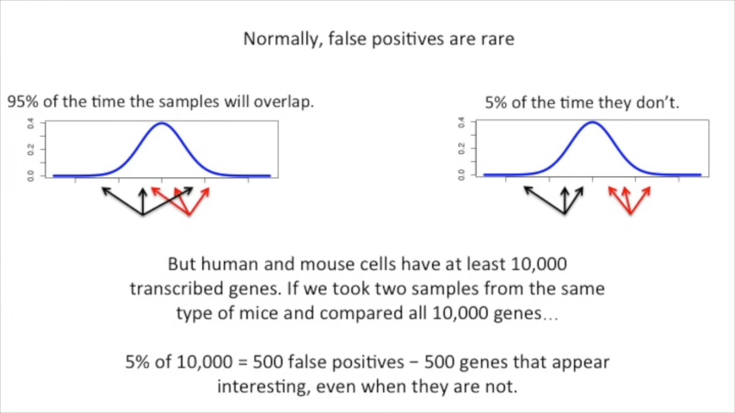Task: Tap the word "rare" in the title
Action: pos(496,39)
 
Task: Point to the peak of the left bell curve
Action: pos(162,124)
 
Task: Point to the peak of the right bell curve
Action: pos(592,122)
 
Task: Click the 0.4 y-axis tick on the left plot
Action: pos(31,125)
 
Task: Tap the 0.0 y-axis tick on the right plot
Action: pos(461,175)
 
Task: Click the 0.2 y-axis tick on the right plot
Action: pos(461,149)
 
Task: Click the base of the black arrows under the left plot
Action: pos(142,213)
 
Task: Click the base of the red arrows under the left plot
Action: pos(188,214)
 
